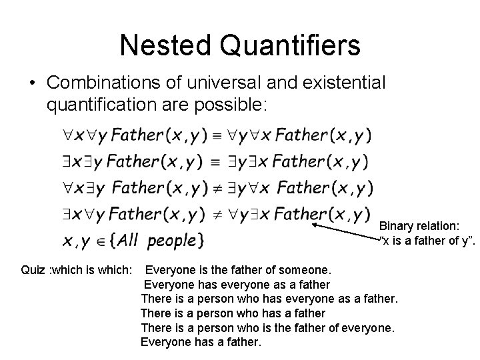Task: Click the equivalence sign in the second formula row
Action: tap(216, 162)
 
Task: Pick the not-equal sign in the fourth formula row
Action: tap(217, 215)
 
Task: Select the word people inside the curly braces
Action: tap(172, 241)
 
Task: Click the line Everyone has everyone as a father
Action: tap(237, 284)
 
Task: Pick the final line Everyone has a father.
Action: tap(201, 342)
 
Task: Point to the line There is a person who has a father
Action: tap(233, 313)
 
